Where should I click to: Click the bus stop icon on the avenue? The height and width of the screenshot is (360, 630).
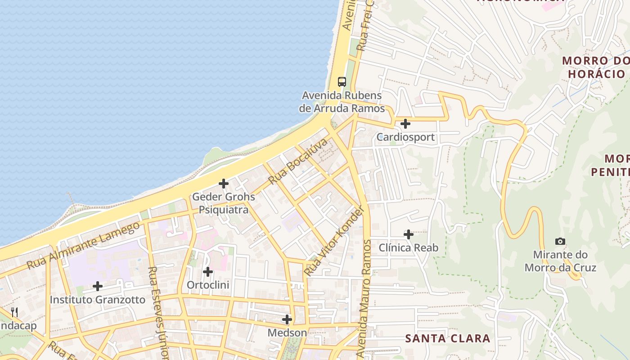tap(342, 81)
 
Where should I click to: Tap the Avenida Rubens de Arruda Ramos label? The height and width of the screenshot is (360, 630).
tap(342, 102)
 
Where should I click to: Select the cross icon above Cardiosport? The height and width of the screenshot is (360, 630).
tap(405, 123)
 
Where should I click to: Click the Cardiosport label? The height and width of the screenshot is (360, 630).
tap(405, 137)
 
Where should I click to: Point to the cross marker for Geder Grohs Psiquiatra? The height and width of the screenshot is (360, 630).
tap(224, 184)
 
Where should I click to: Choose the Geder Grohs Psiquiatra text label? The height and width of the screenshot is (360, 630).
tap(224, 203)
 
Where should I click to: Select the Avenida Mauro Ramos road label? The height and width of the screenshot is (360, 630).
tap(365, 299)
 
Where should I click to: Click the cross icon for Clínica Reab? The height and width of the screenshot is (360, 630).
tap(409, 234)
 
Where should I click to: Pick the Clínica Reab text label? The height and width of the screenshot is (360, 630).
tap(409, 247)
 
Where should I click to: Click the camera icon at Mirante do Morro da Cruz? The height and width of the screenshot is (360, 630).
tap(560, 242)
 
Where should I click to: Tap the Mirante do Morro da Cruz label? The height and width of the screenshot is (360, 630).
tap(560, 261)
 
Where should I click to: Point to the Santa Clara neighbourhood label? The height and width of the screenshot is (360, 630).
tap(448, 338)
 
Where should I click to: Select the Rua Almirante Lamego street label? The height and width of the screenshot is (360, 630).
tap(84, 246)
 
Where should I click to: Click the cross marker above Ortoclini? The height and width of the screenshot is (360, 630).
tap(207, 272)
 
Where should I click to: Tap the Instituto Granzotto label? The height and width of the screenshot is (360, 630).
tap(98, 300)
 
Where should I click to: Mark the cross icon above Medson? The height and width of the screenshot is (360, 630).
tap(287, 319)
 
